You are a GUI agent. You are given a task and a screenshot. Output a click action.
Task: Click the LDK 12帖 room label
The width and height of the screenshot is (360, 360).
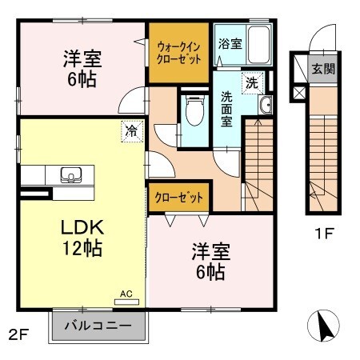[x=81, y=237]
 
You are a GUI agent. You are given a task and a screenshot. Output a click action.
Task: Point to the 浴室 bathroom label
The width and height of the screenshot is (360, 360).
[x=230, y=44]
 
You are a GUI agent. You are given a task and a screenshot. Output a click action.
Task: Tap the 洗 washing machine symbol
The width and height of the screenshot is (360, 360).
[x=252, y=82]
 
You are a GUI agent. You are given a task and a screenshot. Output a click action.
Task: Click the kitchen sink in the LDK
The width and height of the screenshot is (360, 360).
[x=69, y=175]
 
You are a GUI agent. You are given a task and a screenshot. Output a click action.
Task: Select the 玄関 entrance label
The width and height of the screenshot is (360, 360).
[x=323, y=69]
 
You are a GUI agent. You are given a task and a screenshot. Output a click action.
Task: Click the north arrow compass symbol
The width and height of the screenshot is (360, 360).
[x=324, y=326]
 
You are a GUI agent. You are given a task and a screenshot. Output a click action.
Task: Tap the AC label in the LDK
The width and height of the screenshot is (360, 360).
[x=126, y=294]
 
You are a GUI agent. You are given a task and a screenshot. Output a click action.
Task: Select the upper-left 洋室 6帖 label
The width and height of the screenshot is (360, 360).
[x=80, y=70]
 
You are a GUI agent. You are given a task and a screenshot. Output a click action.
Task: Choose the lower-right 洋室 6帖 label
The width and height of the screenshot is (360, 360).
[x=210, y=262]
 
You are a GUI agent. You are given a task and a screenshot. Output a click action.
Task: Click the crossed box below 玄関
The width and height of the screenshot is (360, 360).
[x=299, y=93]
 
